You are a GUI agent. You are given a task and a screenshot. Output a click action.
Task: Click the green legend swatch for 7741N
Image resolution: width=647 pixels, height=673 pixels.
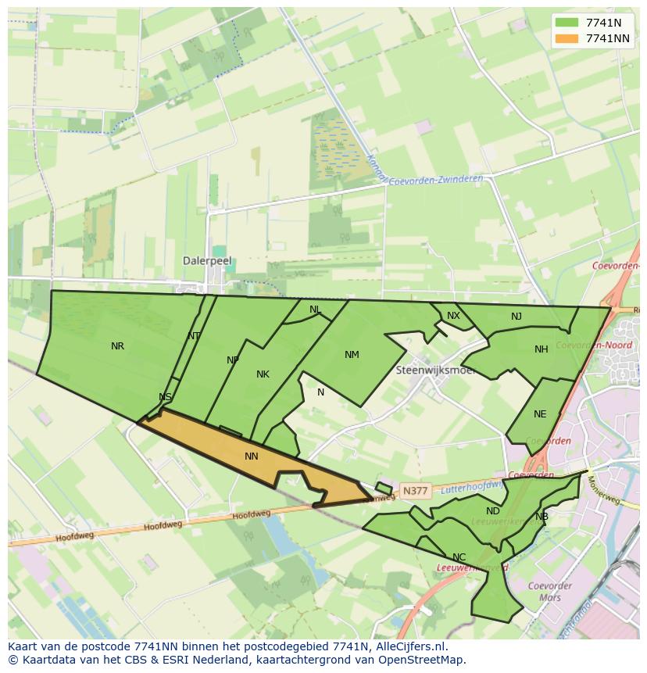(x=567, y=23)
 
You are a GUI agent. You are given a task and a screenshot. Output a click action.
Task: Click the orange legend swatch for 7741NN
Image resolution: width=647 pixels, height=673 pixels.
(x=567, y=38)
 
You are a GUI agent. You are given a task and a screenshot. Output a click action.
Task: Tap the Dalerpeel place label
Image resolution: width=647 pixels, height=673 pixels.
(x=207, y=261)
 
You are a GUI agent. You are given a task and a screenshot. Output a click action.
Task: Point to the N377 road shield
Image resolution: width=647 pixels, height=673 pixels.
(x=414, y=491)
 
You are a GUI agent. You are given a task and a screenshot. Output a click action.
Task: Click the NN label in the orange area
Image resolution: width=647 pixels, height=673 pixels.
(x=251, y=456)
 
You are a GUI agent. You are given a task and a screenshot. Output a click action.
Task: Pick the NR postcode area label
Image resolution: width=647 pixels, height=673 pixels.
(x=117, y=346)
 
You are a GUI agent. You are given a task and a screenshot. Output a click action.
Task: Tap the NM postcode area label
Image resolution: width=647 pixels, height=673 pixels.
(x=352, y=355)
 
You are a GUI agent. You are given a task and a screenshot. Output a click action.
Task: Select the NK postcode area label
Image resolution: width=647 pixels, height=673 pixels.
(x=263, y=374)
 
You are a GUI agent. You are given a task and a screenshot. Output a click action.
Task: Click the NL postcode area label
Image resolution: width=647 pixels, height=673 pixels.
(x=315, y=310)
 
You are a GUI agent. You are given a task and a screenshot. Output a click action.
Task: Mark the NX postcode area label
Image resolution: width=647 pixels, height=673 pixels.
(x=453, y=316)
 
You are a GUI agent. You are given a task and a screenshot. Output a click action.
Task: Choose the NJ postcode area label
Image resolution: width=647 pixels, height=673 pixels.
(x=517, y=317)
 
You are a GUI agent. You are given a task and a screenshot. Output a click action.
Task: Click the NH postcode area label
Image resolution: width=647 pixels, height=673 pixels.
(x=541, y=349)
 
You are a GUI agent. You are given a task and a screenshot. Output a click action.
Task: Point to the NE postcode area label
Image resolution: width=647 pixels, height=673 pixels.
(x=540, y=414)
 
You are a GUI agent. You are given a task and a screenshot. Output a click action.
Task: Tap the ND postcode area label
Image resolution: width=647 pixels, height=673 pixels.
(x=492, y=511)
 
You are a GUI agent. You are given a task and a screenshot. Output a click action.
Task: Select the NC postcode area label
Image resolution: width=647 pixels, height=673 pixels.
(x=459, y=557)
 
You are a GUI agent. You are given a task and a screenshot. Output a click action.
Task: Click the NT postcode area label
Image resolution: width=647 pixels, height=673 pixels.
(x=194, y=336)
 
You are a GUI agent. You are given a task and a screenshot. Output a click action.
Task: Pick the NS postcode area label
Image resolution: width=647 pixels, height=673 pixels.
(x=165, y=397)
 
